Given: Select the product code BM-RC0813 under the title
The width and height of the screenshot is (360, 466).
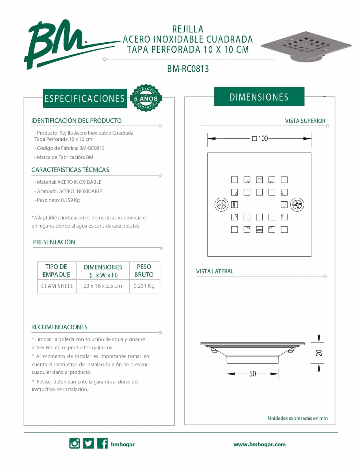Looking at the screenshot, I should pyautogui.click(x=188, y=69).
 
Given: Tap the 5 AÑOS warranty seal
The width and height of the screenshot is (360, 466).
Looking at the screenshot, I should pyautogui.click(x=146, y=98).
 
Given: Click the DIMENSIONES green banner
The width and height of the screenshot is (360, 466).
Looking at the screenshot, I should pyautogui.click(x=259, y=97).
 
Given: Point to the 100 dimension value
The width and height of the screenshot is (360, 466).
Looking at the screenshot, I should pyautogui.click(x=263, y=138).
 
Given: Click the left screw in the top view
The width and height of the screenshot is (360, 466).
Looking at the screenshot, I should pyautogui.click(x=222, y=204).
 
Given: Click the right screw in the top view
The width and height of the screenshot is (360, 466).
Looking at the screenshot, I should pyautogui.click(x=297, y=204).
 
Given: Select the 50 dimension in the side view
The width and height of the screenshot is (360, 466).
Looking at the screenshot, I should pyautogui.click(x=252, y=374).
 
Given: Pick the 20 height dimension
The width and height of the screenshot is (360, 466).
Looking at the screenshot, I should pyautogui.click(x=319, y=353).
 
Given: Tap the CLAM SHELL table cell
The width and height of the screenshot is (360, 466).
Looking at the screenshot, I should pyautogui.click(x=57, y=286).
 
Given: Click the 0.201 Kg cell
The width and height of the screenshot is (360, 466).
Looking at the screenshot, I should pyautogui.click(x=144, y=286).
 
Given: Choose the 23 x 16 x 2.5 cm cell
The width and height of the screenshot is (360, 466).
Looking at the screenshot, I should pyautogui.click(x=103, y=286).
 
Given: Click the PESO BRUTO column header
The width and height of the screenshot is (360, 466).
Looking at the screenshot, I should pyautogui.click(x=144, y=271).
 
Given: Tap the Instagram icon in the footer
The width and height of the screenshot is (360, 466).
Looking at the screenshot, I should pyautogui.click(x=75, y=443).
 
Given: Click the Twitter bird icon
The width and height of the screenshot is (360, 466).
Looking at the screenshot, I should pyautogui.click(x=89, y=443).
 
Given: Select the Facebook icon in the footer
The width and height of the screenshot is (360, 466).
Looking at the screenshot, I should pyautogui.click(x=102, y=443).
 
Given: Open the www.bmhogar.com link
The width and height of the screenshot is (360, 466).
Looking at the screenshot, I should pyautogui.click(x=259, y=444).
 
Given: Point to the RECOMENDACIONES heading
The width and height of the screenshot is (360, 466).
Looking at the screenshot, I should pyautogui.click(x=59, y=327).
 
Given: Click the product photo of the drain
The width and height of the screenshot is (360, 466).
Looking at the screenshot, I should pyautogui.click(x=306, y=45).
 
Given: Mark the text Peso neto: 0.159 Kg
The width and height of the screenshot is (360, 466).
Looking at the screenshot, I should pyautogui.click(x=58, y=200).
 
